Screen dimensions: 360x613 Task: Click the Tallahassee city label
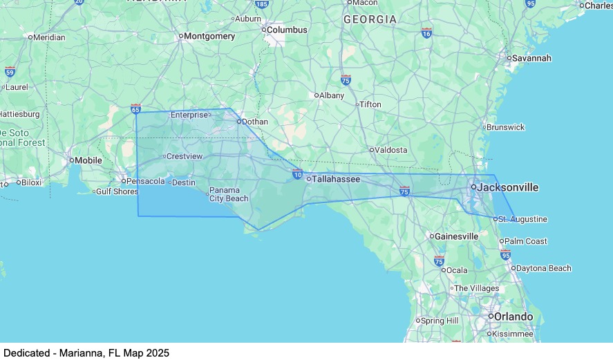pos(336,179)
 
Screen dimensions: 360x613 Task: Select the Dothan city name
pos(254,122)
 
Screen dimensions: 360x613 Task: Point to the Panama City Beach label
pos(229,194)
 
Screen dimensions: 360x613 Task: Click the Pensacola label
pos(146,182)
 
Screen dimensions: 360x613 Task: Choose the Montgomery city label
pos(209,36)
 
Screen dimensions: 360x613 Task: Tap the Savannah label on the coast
pos(531,58)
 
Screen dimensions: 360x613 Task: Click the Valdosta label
pos(391,150)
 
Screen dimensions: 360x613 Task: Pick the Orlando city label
pos(513,316)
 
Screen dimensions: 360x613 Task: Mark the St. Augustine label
pos(523,220)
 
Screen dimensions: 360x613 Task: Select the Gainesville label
pos(456,236)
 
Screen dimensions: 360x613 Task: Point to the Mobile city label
pos(88,160)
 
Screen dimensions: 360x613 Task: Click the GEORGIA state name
pos(370,19)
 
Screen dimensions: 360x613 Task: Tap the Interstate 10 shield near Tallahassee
pos(297,174)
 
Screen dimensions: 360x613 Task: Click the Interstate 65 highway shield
pos(135,109)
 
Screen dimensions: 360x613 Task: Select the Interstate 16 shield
pos(426,33)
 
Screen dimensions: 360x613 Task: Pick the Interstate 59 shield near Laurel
pos(10,72)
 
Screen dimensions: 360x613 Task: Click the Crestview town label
pos(185,156)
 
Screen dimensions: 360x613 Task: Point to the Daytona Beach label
pos(544,268)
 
